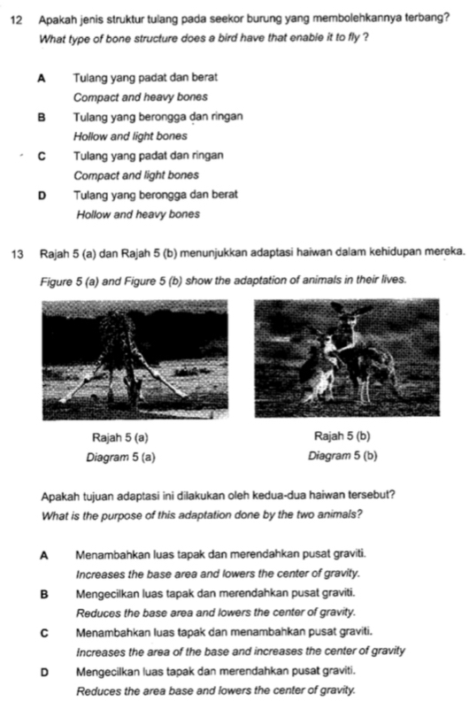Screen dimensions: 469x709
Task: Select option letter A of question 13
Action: point(42,556)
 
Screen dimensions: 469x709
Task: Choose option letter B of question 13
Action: point(42,594)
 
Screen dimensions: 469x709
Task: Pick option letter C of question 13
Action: point(42,633)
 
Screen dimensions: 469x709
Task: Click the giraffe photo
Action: point(133,360)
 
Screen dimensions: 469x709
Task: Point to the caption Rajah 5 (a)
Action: point(119,436)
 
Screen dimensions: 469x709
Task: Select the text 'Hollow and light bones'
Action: point(131,135)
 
